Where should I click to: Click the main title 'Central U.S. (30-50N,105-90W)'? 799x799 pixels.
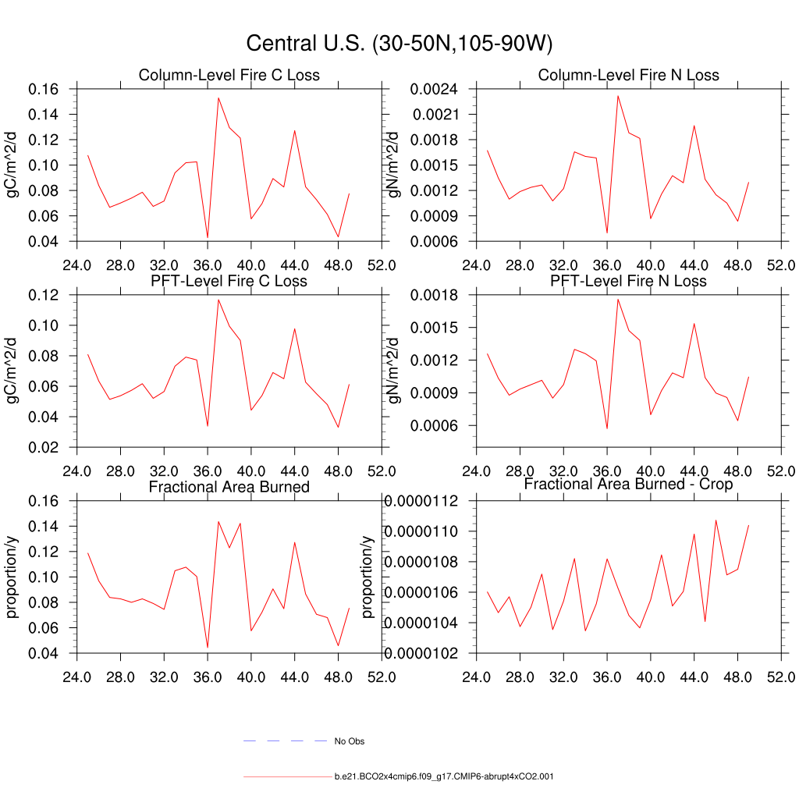tap(399, 44)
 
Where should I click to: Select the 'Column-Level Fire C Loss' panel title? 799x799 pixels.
tap(229, 76)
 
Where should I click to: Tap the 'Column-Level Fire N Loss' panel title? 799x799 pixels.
tap(629, 76)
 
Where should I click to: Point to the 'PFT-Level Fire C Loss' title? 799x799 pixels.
tap(229, 281)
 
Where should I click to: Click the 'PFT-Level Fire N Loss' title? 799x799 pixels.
tap(629, 281)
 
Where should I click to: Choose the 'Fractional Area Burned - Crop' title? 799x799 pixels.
tap(629, 485)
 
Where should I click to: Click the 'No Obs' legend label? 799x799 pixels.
tap(349, 741)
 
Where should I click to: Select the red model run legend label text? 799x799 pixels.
tap(444, 777)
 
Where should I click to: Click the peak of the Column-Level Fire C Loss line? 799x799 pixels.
tap(218, 98)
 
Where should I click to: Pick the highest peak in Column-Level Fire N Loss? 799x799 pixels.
tap(618, 96)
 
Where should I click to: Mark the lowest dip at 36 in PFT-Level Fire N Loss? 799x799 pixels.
tap(607, 428)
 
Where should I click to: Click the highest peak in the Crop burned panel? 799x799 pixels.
tap(716, 520)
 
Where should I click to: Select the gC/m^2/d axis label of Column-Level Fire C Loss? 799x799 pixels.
tap(13, 165)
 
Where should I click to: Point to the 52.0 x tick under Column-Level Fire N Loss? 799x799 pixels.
tap(781, 265)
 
